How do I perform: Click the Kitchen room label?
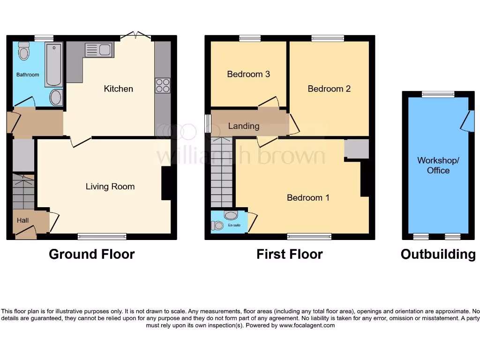pyautogui.click(x=118, y=89)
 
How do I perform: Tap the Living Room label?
pyautogui.click(x=110, y=187)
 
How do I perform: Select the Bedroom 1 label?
pyautogui.click(x=308, y=198)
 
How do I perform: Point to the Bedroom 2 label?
pyautogui.click(x=329, y=89)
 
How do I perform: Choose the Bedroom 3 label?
pyautogui.click(x=248, y=74)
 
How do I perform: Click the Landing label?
pyautogui.click(x=243, y=126)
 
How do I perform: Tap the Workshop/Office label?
pyautogui.click(x=438, y=165)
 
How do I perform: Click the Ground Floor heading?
pyautogui.click(x=92, y=254)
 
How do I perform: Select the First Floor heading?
pyautogui.click(x=289, y=254)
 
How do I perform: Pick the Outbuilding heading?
pyautogui.click(x=438, y=254)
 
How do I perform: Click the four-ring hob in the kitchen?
pyautogui.click(x=163, y=86)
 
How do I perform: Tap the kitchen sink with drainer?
pyautogui.click(x=98, y=50)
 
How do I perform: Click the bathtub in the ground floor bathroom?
pyautogui.click(x=54, y=64)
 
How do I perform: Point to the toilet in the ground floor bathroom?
pyautogui.click(x=24, y=51)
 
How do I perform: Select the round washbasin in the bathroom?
pyautogui.click(x=55, y=97)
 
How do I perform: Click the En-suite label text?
pyautogui.click(x=234, y=225)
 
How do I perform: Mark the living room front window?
pyautogui.click(x=102, y=236)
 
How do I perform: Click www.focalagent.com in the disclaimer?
pyautogui.click(x=307, y=325)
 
